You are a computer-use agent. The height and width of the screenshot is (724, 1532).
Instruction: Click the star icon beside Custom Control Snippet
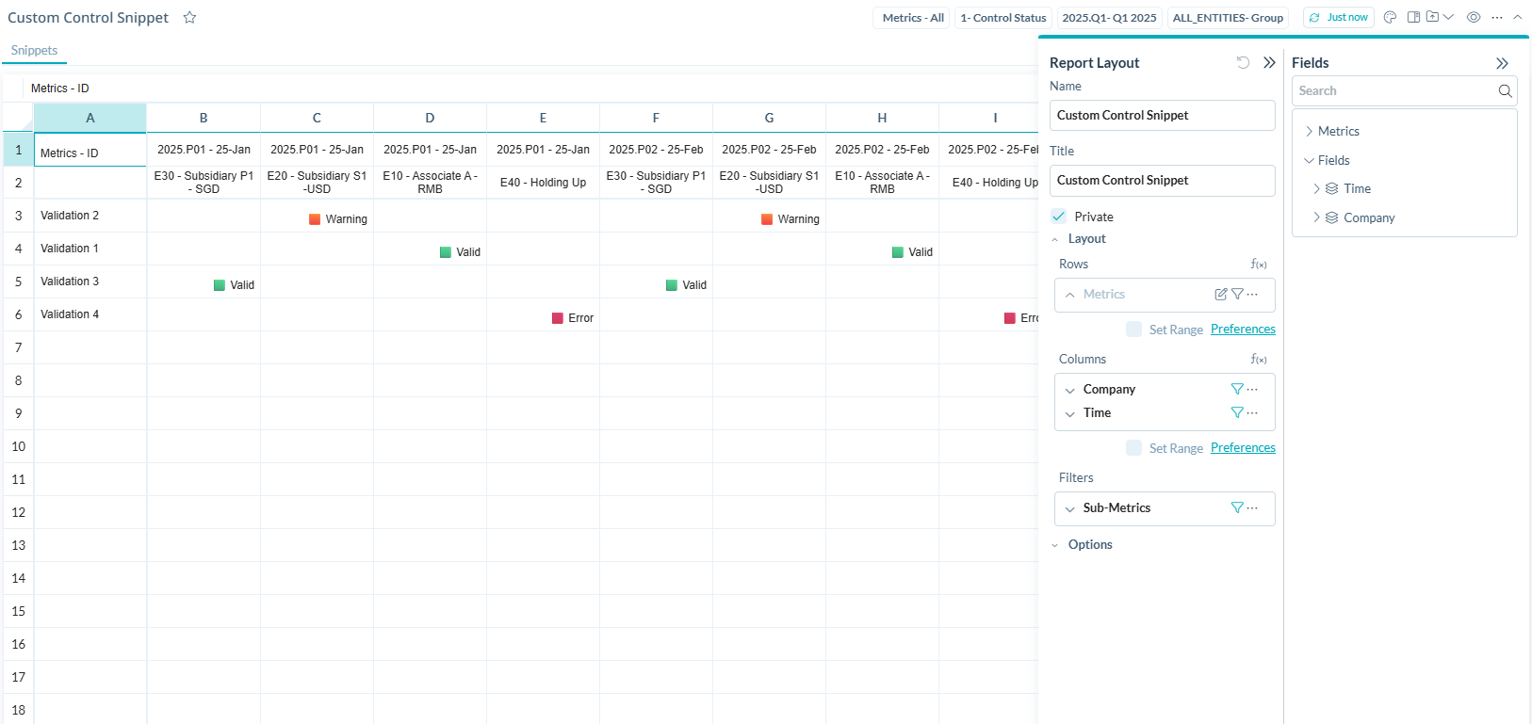189,18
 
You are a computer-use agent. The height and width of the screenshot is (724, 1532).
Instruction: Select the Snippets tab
34,51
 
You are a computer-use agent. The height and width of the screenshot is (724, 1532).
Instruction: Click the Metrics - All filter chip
912,18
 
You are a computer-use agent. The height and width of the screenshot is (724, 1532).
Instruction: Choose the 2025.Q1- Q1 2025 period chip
1109,18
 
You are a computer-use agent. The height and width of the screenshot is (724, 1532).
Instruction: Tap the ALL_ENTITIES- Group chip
1227,18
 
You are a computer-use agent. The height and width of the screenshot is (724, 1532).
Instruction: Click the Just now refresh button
1339,18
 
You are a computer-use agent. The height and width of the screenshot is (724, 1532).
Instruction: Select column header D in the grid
430,118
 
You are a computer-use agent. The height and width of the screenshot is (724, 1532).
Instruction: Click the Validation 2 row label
70,216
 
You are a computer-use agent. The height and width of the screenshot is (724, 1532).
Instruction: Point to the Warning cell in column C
338,219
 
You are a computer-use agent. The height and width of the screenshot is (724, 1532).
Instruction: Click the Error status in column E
573,318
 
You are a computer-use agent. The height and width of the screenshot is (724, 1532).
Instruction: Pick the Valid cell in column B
234,285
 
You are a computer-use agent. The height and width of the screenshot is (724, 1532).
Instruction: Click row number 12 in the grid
19,512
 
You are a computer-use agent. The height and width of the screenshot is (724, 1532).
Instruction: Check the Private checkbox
1059,217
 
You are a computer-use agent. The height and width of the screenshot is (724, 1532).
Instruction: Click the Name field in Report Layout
1162,116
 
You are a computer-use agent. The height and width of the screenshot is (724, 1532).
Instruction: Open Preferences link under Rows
1243,330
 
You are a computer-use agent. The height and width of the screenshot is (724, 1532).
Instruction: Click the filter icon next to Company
1236,389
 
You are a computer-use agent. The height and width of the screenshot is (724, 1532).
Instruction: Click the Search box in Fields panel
1394,91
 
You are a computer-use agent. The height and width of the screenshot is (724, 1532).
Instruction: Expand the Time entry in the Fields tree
1316,189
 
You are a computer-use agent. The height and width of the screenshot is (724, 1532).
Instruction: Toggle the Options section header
1089,545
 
